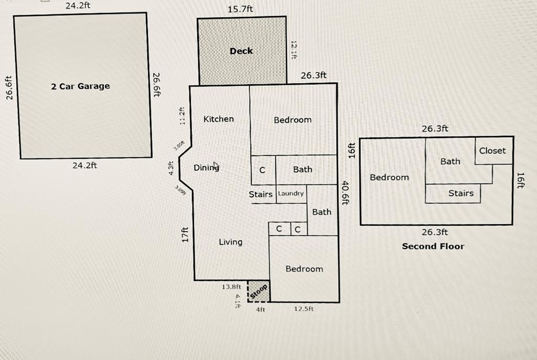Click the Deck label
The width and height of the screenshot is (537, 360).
click(241, 51)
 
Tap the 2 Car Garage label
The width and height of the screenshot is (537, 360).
click(80, 86)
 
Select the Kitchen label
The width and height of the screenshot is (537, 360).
click(219, 119)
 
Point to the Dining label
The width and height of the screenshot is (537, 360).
click(206, 167)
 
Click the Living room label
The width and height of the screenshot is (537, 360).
click(231, 242)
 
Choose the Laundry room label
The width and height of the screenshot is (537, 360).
click(291, 193)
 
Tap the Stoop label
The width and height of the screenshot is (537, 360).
click(259, 291)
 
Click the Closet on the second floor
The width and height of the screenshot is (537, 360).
click(492, 150)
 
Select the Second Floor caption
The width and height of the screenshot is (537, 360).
click(433, 246)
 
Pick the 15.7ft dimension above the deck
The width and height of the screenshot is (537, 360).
click(240, 9)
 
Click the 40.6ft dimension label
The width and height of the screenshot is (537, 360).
click(345, 193)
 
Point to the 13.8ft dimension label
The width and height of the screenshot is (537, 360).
click(231, 287)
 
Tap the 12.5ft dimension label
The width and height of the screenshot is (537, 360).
click(304, 309)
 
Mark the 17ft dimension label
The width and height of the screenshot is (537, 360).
click(185, 235)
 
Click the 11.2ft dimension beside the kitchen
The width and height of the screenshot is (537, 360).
click(182, 116)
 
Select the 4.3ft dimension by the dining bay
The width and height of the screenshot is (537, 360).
click(171, 168)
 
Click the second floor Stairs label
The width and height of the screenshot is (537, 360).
click(461, 193)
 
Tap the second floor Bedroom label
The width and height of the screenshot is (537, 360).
click(390, 177)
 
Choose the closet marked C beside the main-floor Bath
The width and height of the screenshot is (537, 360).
click(262, 170)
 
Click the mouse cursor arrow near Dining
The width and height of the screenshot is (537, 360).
click(216, 166)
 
